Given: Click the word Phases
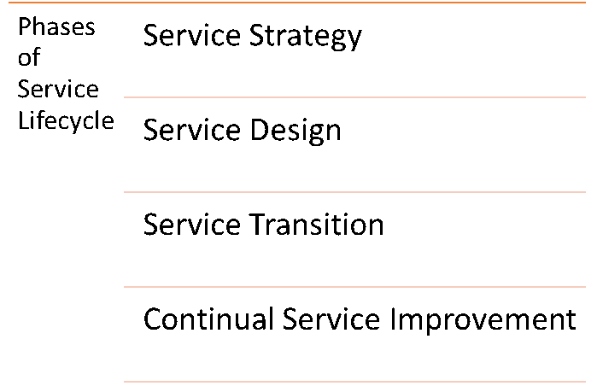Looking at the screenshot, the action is tap(56, 26).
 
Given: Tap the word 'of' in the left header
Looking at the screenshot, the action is tap(29, 57).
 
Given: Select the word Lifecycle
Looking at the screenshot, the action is tap(66, 121).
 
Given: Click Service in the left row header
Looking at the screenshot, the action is tap(58, 89).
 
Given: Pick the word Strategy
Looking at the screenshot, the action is tap(306, 37).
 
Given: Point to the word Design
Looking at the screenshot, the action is tap(296, 132).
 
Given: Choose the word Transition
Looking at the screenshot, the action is tap(316, 225).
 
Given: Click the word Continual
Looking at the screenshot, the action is tap(208, 319).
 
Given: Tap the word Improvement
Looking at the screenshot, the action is tap(483, 320).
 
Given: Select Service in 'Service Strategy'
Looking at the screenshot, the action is tap(192, 35).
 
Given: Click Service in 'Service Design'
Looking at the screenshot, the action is tap(192, 130).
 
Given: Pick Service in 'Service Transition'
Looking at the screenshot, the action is tap(192, 225).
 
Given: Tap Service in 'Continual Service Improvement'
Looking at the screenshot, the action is tap(331, 319).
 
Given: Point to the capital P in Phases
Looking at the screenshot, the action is tap(25, 26).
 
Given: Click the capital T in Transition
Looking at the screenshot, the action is tap(257, 225).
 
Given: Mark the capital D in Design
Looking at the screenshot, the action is tap(260, 130).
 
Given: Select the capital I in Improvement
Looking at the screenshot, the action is tap(393, 319).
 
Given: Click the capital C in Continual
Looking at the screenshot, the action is tap(153, 319).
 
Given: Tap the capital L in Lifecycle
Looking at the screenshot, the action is tap(24, 120).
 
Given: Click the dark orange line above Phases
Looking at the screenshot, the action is tap(297, 3).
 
